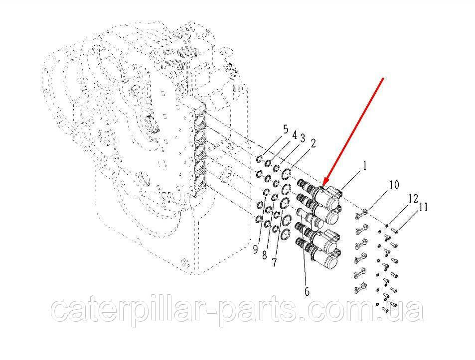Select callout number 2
click(x=313, y=143)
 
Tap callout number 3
click(x=303, y=139)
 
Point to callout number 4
click(x=294, y=135)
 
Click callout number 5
click(x=286, y=129)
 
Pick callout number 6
click(x=307, y=292)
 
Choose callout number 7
click(x=274, y=262)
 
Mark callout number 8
click(x=265, y=255)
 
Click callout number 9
click(x=256, y=249)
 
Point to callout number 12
click(x=413, y=199)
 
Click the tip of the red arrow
click(x=323, y=185)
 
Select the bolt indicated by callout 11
click(x=395, y=232)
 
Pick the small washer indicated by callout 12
click(x=387, y=225)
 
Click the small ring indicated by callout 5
click(x=259, y=159)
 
